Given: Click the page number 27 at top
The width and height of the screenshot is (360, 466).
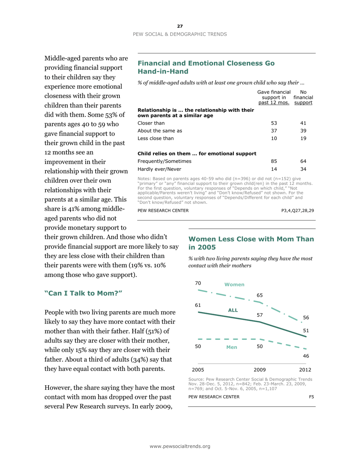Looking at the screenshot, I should point(180,26).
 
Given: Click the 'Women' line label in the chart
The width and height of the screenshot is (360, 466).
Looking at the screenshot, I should point(234,285).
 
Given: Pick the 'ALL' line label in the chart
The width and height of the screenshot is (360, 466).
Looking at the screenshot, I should point(232,310).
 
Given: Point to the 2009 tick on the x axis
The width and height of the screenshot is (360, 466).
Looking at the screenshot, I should point(260,369).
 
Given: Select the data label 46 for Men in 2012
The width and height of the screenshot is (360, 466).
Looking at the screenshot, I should point(305,356).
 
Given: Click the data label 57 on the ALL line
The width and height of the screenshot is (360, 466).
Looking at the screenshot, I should point(260,314).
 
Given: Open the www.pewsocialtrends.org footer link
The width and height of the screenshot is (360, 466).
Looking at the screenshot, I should point(180,446).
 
